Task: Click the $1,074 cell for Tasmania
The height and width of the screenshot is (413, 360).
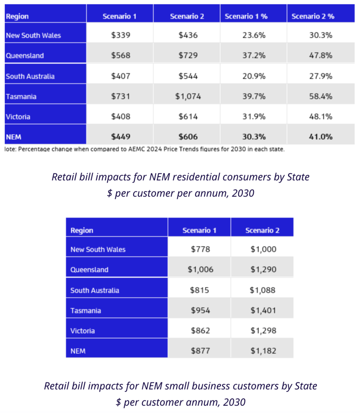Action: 188,96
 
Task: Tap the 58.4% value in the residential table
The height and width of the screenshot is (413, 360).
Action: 321,96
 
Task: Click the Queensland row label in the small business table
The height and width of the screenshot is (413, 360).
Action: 89,270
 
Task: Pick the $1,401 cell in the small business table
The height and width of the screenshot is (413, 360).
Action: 263,311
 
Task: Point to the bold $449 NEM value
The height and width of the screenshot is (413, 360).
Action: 121,137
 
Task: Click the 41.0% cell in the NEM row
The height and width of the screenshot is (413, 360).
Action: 321,137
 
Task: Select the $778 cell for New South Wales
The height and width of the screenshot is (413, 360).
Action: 200,249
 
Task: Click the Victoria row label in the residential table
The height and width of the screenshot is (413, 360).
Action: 18,117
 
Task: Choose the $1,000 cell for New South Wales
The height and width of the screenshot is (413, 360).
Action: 263,249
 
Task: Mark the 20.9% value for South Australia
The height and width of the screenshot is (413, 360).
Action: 254,76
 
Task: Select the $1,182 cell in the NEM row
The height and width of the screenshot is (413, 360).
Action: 263,351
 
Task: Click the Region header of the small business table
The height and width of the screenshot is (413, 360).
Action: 82,231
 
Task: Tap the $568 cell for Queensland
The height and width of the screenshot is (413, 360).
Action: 121,56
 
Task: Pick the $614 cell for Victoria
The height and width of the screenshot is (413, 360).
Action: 188,117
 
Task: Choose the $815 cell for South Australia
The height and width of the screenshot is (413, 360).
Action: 200,290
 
